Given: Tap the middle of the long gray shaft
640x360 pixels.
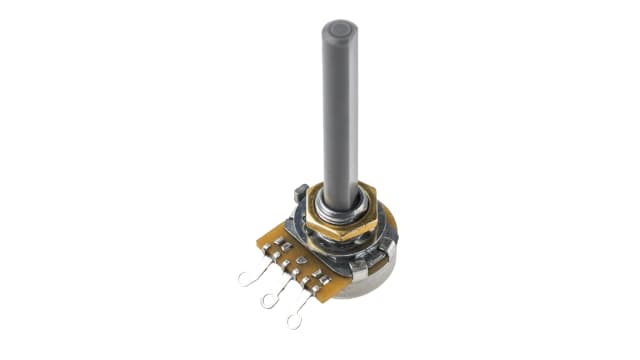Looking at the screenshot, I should (x=339, y=110).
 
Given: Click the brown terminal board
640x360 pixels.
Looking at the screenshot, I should (x=285, y=255).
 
